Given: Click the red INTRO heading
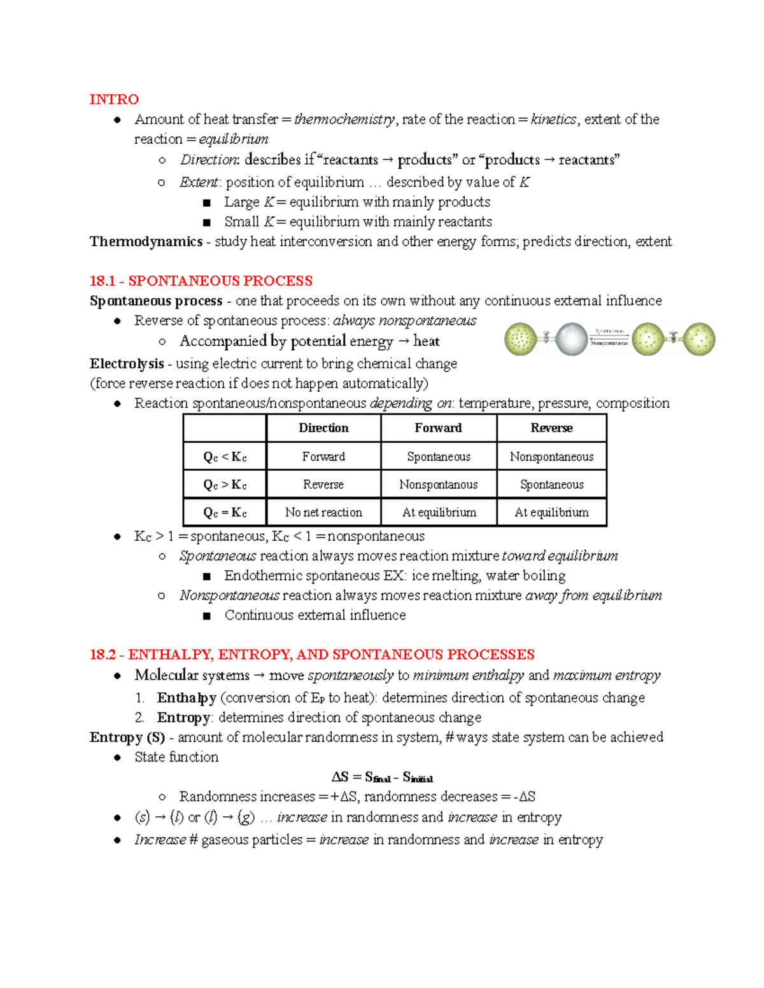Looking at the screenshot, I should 114,99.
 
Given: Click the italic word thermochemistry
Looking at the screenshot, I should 344,120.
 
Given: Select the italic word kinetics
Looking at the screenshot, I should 553,120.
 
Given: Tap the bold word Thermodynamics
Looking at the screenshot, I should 146,242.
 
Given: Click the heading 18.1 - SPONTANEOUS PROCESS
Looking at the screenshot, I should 201,281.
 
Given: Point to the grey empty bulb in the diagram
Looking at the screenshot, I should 570,339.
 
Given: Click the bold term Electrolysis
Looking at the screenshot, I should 127,364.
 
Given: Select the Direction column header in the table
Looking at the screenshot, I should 323,428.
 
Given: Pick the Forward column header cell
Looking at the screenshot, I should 438,428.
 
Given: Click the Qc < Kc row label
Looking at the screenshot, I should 225,457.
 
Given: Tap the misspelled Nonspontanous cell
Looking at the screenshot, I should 438,485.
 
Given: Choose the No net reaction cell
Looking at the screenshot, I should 323,513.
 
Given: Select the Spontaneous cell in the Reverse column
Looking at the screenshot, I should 551,485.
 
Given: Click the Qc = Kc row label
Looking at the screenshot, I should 225,513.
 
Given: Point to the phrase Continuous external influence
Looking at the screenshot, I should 315,615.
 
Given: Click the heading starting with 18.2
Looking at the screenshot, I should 312,655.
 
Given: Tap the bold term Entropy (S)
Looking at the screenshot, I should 127,737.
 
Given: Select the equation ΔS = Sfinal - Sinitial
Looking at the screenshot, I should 382,777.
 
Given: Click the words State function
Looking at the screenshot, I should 176,757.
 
